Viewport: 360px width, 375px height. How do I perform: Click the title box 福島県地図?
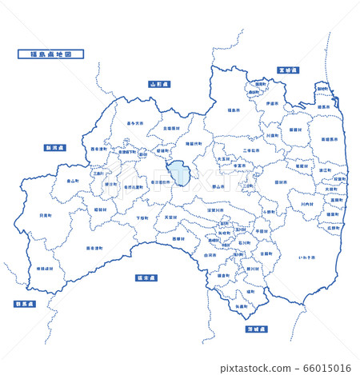point(50,54)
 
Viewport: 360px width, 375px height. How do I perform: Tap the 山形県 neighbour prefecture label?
point(159,83)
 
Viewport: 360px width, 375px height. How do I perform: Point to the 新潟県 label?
point(54,148)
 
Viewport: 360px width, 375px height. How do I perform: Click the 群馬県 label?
point(25,304)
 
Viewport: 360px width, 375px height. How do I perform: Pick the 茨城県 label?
point(257,329)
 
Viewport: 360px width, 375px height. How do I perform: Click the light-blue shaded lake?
point(179,173)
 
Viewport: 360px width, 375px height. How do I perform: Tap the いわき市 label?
point(307,257)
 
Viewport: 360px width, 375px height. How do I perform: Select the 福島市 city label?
point(234,110)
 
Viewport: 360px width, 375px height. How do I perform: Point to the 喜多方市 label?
point(135,123)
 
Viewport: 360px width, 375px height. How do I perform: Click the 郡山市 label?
point(218,186)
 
